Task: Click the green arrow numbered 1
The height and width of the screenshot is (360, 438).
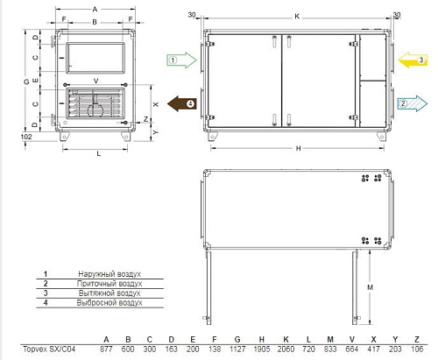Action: tap(181, 60)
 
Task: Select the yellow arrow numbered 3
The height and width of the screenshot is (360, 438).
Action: tap(413, 60)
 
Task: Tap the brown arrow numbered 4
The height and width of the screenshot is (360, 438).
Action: tap(181, 103)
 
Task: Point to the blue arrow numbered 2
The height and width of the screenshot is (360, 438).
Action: tap(413, 103)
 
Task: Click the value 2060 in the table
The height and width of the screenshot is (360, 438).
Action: tap(286, 349)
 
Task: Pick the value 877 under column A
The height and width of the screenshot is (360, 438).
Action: tap(106, 349)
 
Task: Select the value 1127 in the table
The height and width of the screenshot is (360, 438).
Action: tap(237, 349)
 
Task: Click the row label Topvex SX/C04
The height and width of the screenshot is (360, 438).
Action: tap(49, 349)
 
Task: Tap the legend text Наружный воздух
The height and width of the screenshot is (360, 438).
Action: tap(109, 274)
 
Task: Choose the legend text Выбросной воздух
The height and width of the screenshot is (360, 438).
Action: tap(109, 303)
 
